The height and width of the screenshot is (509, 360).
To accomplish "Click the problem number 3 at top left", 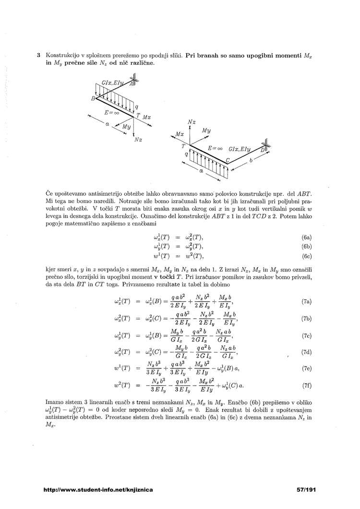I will point(38,55).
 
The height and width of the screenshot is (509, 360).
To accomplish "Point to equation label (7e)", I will point(307,369).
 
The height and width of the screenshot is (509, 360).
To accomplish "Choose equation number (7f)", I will point(307,386).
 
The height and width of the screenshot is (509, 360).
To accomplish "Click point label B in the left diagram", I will point(93,98).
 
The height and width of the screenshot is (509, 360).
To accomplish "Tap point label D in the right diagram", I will point(262,150).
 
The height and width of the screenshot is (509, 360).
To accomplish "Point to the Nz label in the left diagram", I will point(138,140).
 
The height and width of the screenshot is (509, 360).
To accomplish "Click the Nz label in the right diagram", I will point(192,123).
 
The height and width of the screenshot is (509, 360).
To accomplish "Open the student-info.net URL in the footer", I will point(98,490).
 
